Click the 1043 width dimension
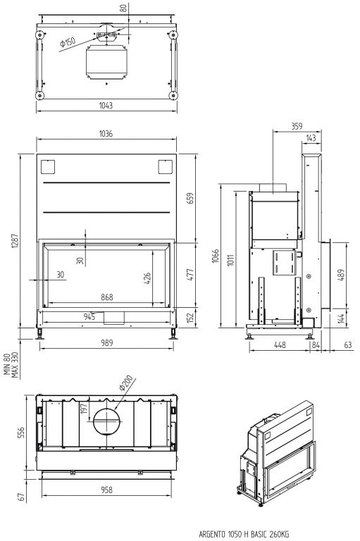(x=106, y=105)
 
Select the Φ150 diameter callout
(x=68, y=42)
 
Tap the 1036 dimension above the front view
(x=106, y=134)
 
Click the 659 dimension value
(x=190, y=198)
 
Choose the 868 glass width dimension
(x=107, y=297)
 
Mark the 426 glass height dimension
(x=147, y=278)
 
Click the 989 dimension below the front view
(x=107, y=342)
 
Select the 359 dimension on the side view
(x=297, y=126)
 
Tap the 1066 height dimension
(x=216, y=256)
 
